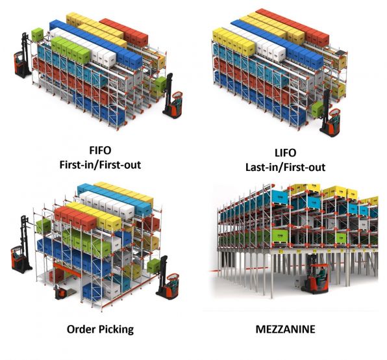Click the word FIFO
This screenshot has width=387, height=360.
[x=100, y=150]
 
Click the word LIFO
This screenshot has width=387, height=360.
[x=285, y=153]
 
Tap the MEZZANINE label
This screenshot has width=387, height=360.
[x=285, y=329]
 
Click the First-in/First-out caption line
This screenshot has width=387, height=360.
[x=100, y=164]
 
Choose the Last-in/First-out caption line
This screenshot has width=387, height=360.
[x=285, y=167]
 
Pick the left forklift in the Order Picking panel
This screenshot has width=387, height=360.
[x=21, y=244]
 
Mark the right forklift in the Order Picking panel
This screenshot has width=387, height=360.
[x=167, y=277]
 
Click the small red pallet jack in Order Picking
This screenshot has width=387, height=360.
[x=60, y=292]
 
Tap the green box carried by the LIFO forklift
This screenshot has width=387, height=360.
[x=318, y=109]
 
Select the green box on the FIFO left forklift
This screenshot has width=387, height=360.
[x=38, y=35]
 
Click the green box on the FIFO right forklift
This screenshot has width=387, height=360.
[x=160, y=84]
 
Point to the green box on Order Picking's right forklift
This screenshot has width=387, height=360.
[x=154, y=266]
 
